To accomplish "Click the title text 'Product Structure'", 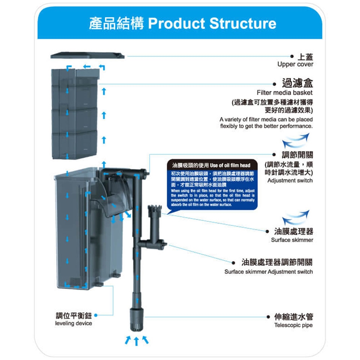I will click(212, 23).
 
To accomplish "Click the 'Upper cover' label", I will click(295, 64).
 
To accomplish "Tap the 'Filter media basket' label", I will click(285, 92).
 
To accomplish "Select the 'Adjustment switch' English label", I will click(290, 180).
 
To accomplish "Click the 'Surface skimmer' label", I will click(292, 240).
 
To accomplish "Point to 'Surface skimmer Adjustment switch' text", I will click(268, 271).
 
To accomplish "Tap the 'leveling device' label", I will click(73, 323).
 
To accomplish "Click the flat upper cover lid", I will click(87, 55).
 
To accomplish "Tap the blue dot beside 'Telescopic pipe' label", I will click(268, 317).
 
